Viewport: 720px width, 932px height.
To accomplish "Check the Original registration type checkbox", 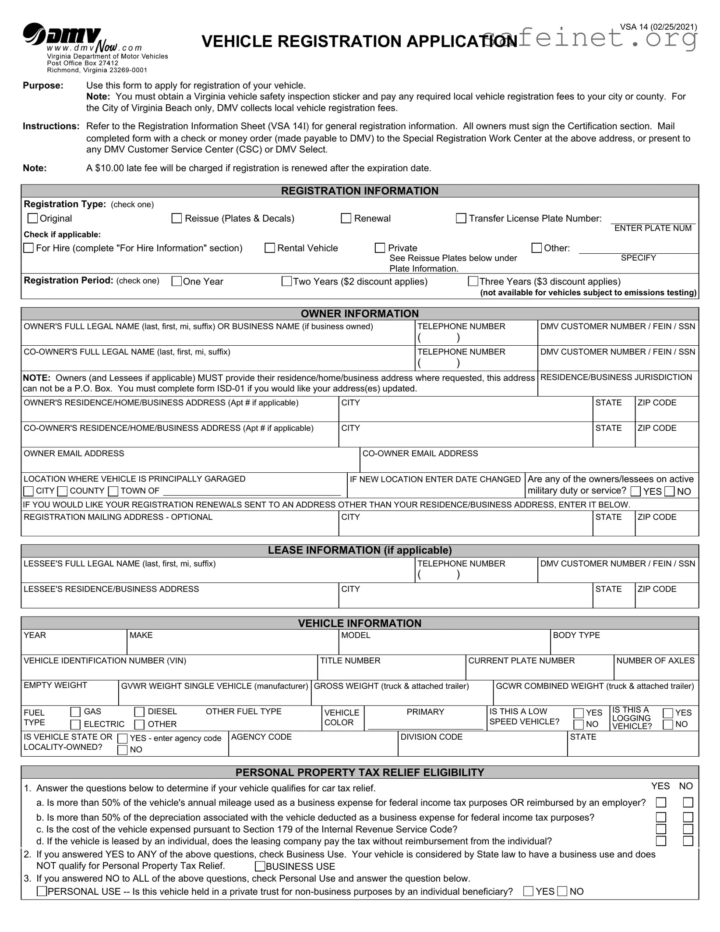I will click(x=33, y=218).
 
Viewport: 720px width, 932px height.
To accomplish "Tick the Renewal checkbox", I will click(x=346, y=218).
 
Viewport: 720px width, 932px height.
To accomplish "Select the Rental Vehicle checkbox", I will click(x=270, y=248).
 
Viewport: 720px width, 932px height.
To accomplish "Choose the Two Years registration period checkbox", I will click(x=286, y=281).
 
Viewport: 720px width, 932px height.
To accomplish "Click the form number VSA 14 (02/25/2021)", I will click(x=658, y=27).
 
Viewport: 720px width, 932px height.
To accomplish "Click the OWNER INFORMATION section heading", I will click(x=360, y=313).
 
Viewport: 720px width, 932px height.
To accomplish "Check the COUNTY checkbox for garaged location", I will click(x=63, y=491).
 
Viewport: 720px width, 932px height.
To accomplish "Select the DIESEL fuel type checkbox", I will click(x=139, y=712).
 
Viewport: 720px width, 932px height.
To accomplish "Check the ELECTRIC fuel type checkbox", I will click(x=75, y=725).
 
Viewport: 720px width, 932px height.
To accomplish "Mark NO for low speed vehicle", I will click(x=579, y=725).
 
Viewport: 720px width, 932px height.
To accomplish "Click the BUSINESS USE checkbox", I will click(x=260, y=866).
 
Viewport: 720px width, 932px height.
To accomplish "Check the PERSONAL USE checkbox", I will click(x=42, y=891).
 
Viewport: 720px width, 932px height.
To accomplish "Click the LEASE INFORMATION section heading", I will click(x=360, y=550).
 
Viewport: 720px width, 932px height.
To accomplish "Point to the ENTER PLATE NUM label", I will click(x=653, y=228).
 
